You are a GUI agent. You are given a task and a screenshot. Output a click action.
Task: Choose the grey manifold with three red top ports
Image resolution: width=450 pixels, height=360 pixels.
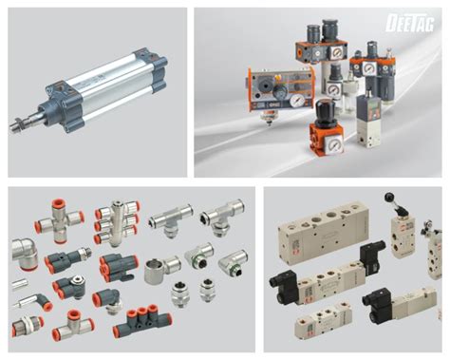pyautogui.click(x=136, y=325)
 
